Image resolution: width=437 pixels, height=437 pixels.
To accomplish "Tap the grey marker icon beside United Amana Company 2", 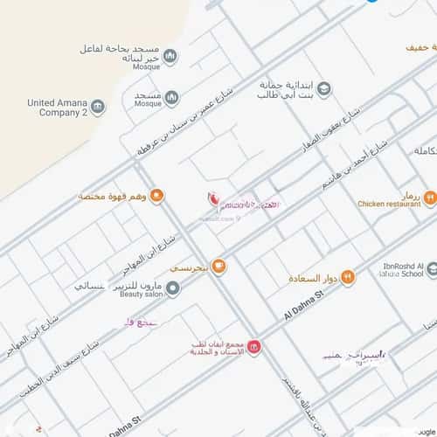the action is coord(98,108).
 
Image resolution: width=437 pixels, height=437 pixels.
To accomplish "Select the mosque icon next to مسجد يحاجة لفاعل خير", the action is coord(170,56).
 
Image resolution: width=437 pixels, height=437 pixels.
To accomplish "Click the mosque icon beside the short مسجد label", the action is coord(172,96).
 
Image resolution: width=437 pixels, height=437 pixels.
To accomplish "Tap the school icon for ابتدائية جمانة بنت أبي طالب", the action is coord(324,89).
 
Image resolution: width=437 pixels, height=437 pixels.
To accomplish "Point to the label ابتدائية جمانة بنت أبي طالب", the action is coord(285,89).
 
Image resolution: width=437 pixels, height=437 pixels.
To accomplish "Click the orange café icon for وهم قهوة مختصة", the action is coord(157,196).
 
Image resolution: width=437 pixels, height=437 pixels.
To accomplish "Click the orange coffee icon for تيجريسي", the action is coord(218,266).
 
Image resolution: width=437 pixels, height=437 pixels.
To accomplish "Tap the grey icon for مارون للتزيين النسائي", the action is coord(173,288).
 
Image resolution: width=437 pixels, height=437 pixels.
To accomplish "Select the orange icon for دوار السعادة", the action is coord(348,277).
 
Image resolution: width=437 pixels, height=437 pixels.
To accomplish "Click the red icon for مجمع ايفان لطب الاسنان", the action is coord(253,349).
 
